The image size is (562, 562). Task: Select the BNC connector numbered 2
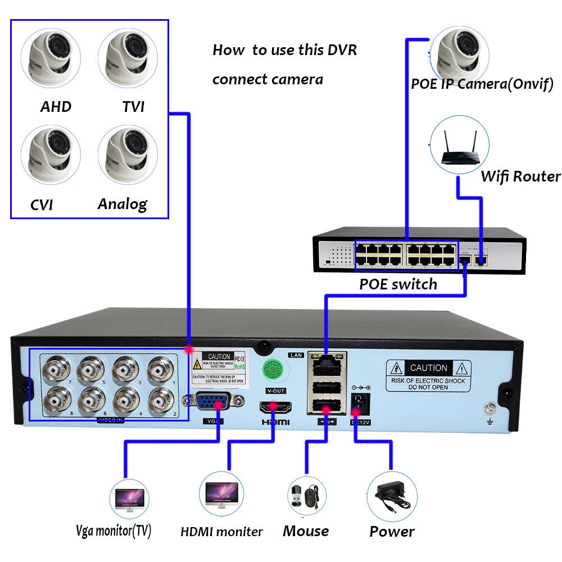tap(162, 400)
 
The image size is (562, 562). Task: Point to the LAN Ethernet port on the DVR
tap(327, 366)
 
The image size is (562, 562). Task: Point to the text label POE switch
tap(398, 284)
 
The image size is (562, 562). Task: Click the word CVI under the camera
tap(42, 205)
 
